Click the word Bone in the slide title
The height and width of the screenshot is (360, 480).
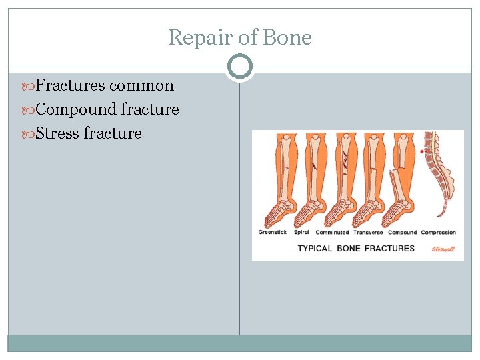coord(287,37)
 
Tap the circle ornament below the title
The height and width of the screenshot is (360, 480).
coord(239,67)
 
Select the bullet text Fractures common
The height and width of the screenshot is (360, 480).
coord(104,85)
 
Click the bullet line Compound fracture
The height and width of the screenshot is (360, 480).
coord(107,109)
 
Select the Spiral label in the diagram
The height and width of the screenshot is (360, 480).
coord(301,233)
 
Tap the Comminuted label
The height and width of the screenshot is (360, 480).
coord(332,233)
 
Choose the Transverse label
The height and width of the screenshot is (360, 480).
coord(368,233)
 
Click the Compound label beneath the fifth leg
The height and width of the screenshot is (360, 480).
coord(402,233)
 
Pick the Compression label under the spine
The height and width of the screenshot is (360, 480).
coord(439,233)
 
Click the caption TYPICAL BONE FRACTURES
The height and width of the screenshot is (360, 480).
coord(356,248)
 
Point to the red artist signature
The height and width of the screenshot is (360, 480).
coord(442,249)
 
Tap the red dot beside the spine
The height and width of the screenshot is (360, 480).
coord(423,151)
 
